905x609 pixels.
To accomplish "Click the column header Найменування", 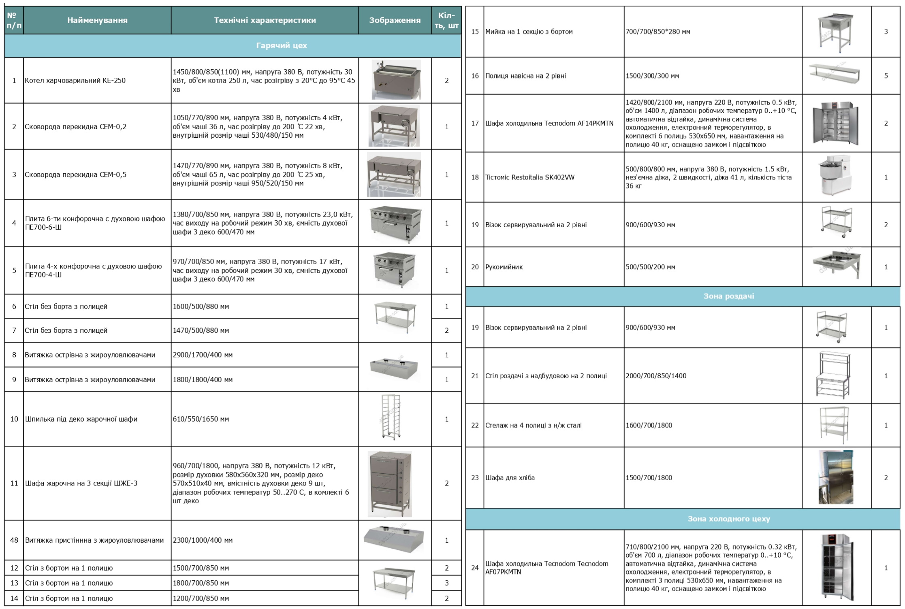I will [97, 20].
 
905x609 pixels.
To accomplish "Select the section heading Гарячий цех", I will [282, 46].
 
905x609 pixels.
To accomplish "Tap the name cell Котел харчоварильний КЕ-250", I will [75, 81].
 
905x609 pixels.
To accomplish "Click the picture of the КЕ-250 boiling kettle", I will [396, 80].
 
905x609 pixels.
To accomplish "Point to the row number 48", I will [14, 540].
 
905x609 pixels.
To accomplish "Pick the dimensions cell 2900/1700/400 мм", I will [203, 355].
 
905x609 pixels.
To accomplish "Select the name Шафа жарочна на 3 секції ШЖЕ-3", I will [81, 483].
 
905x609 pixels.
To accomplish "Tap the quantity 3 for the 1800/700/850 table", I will [447, 583].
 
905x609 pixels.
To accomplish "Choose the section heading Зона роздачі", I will [728, 296].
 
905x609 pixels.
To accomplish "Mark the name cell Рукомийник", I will [504, 267].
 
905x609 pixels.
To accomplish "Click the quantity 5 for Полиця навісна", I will [886, 76].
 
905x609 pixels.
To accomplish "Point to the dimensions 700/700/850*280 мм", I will [657, 32].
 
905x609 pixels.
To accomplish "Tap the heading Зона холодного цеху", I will [728, 519].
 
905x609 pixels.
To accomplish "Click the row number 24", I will [475, 568].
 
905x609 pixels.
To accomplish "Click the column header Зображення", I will [395, 20].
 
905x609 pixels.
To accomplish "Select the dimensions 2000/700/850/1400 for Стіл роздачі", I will [656, 376].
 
